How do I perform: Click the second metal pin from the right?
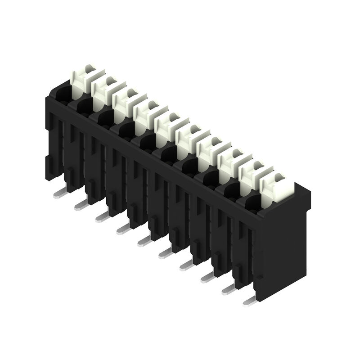[x=229, y=289]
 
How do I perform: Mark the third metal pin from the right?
[x=207, y=277]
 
